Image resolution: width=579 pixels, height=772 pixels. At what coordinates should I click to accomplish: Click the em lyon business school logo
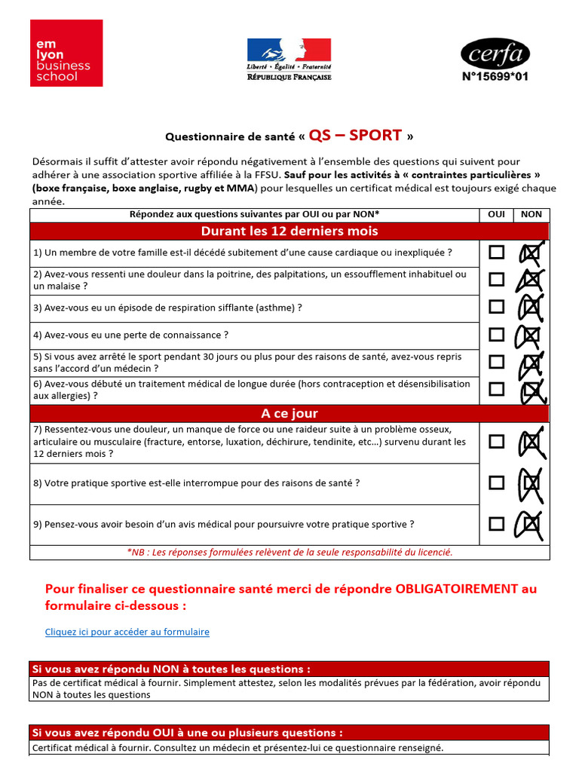[66, 53]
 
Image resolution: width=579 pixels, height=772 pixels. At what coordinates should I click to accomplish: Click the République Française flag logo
[289, 59]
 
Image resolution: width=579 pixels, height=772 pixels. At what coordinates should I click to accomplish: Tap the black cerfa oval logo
[495, 54]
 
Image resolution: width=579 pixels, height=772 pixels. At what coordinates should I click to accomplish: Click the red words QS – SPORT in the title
[355, 136]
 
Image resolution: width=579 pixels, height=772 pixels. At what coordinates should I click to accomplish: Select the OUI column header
[496, 214]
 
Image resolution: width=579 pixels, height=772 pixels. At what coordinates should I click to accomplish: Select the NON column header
[532, 214]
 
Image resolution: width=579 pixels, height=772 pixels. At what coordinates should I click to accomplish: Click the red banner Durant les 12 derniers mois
[289, 231]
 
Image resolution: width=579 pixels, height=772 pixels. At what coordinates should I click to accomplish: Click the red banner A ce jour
[289, 414]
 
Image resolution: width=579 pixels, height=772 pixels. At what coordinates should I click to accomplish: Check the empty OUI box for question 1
[496, 253]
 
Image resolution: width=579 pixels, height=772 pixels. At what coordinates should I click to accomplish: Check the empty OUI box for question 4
[496, 334]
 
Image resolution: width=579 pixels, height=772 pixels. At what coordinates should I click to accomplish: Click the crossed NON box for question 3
[531, 308]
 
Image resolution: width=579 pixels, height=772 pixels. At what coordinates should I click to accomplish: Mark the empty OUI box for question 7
[496, 442]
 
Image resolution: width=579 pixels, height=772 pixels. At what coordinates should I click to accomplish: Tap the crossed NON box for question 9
[531, 524]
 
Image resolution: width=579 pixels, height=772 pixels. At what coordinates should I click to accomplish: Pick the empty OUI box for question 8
[496, 482]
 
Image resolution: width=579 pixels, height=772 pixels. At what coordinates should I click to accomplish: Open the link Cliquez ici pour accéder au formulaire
[127, 632]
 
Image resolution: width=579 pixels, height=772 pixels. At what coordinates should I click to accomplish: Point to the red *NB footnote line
[289, 552]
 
